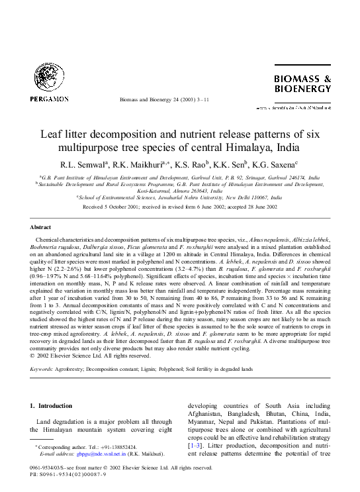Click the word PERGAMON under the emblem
[48, 99]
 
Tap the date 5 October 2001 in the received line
[120, 207]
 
